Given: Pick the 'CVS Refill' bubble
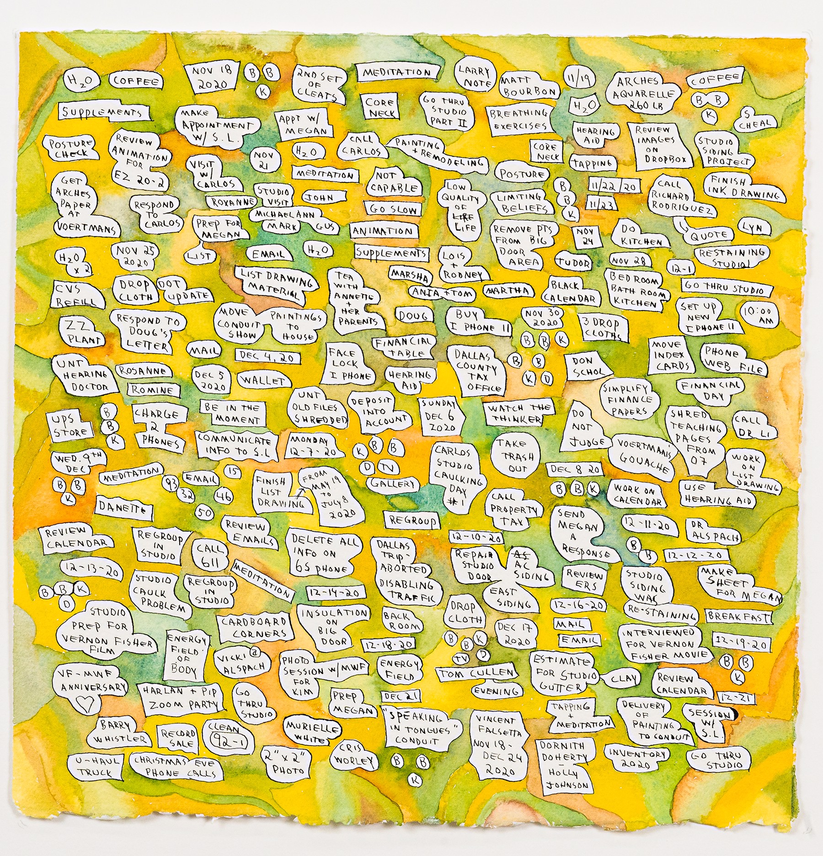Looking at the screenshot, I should pos(76,295).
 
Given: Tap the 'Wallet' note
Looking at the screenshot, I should pos(264,380).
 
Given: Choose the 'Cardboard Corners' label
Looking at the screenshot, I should pos(254,627).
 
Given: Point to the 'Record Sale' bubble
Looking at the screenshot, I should pos(178,738).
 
